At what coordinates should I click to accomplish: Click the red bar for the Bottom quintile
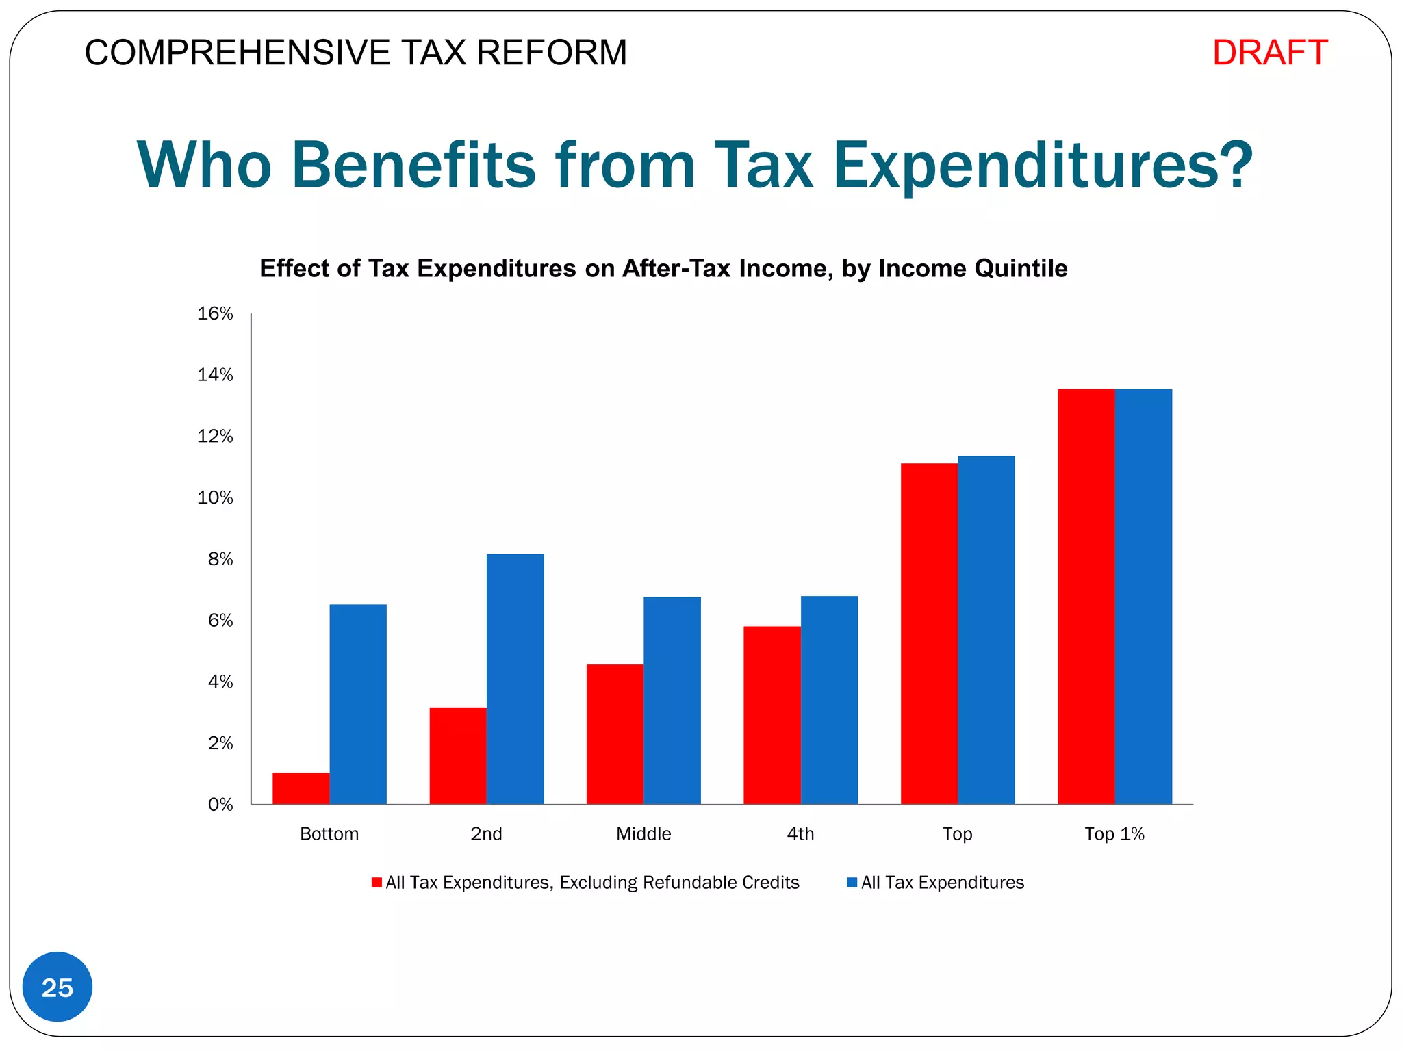pyautogui.click(x=301, y=788)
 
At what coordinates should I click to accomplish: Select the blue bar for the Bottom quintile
pyautogui.click(x=357, y=704)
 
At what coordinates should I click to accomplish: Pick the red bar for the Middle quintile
pyautogui.click(x=615, y=734)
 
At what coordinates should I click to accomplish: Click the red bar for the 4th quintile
pyautogui.click(x=772, y=715)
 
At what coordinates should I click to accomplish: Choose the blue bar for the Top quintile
pyautogui.click(x=986, y=630)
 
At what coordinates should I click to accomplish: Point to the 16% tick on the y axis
pyautogui.click(x=215, y=313)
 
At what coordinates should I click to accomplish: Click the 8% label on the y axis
pyautogui.click(x=220, y=559)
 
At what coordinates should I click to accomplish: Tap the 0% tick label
pyautogui.click(x=220, y=805)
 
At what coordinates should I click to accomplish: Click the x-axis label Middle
pyautogui.click(x=643, y=834)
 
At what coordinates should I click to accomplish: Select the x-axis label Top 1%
pyautogui.click(x=1114, y=834)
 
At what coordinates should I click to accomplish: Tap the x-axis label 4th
pyautogui.click(x=800, y=834)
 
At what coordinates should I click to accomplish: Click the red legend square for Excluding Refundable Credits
pyautogui.click(x=377, y=883)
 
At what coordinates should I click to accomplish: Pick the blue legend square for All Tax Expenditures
pyautogui.click(x=852, y=883)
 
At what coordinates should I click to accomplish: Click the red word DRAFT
pyautogui.click(x=1270, y=53)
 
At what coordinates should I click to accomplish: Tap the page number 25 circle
pyautogui.click(x=58, y=987)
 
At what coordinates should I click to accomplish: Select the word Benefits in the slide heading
pyautogui.click(x=413, y=165)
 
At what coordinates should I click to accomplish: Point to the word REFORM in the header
pyautogui.click(x=551, y=53)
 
